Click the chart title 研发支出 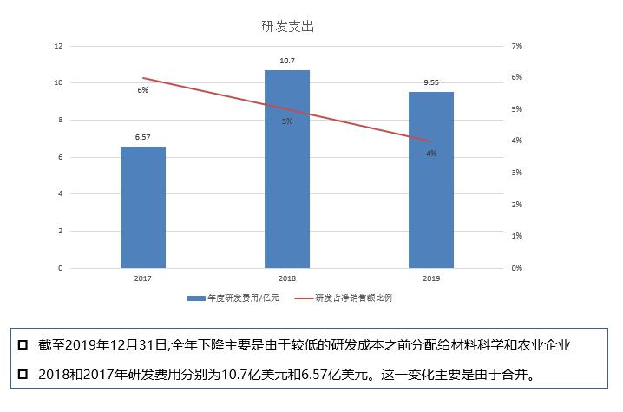(287, 26)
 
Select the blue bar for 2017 (143, 207)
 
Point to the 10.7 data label (287, 61)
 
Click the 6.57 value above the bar (143, 137)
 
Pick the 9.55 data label (431, 82)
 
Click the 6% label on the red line (143, 90)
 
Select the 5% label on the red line (287, 121)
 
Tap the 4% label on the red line (431, 153)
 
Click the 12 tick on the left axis (58, 46)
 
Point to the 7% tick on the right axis (515, 46)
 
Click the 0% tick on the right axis (515, 268)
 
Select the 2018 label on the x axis (287, 279)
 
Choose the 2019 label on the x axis (431, 279)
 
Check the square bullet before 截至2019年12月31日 (23, 345)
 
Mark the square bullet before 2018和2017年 (23, 376)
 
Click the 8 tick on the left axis (60, 120)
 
